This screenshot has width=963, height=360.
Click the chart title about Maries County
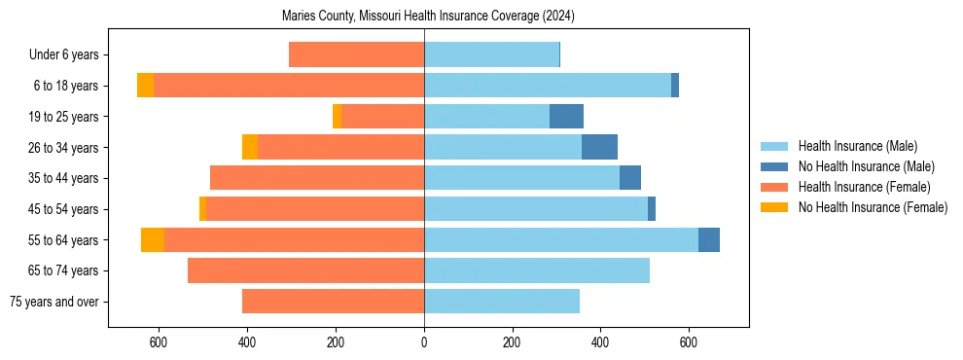click(x=429, y=16)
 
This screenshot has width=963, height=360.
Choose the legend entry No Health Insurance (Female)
click(x=872, y=207)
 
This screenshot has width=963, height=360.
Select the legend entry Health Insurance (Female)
click(x=864, y=187)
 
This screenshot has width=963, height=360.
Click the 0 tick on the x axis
click(x=424, y=342)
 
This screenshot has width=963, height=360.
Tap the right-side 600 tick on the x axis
click(x=689, y=342)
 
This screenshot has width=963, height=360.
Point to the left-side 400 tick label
click(x=247, y=342)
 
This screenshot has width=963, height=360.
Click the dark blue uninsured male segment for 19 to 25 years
click(x=566, y=117)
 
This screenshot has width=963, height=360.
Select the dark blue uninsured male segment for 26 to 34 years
click(x=599, y=147)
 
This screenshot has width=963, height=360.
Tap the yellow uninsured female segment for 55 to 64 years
click(x=153, y=240)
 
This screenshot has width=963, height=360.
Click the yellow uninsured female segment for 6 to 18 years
click(x=145, y=86)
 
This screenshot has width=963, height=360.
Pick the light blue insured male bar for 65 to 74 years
click(x=537, y=270)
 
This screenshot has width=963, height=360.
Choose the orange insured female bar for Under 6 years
click(x=356, y=55)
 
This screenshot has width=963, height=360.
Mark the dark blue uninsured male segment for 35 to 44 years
click(x=630, y=178)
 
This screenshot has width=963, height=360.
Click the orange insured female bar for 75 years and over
click(x=333, y=302)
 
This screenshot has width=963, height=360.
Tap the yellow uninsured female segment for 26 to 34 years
click(x=250, y=147)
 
